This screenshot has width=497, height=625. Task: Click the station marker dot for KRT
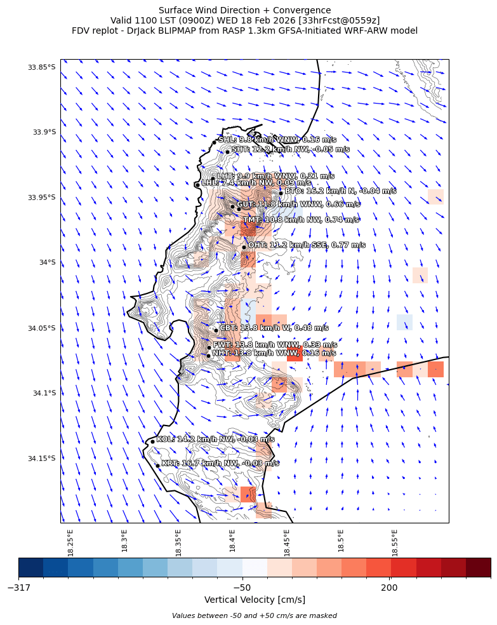click(157, 466)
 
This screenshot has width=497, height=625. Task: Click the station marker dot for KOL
click(152, 441)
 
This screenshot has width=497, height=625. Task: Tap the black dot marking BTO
click(281, 193)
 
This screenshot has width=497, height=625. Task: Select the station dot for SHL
click(215, 142)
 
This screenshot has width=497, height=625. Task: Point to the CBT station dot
click(216, 330)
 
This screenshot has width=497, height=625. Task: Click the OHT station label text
click(307, 245)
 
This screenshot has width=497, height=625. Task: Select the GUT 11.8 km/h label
click(298, 205)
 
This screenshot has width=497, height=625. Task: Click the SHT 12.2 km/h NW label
click(290, 150)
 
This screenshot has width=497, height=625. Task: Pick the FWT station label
click(274, 345)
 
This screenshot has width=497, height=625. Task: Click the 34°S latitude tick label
click(46, 262)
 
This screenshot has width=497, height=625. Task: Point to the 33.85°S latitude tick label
click(41, 67)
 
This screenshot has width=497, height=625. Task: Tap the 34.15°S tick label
click(41, 459)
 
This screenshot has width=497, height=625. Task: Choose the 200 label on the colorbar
click(389, 588)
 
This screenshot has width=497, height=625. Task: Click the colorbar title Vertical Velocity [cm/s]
click(255, 600)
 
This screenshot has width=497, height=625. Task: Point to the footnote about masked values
click(255, 615)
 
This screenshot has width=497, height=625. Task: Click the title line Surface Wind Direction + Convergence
click(244, 10)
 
